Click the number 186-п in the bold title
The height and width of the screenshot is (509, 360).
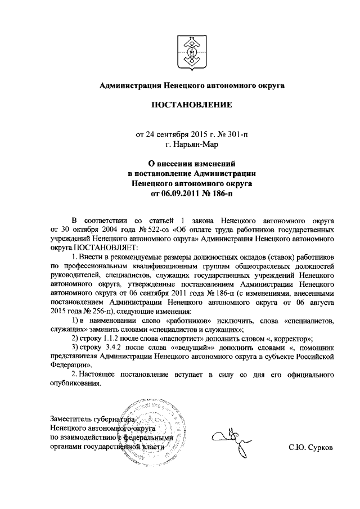[219, 193]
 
